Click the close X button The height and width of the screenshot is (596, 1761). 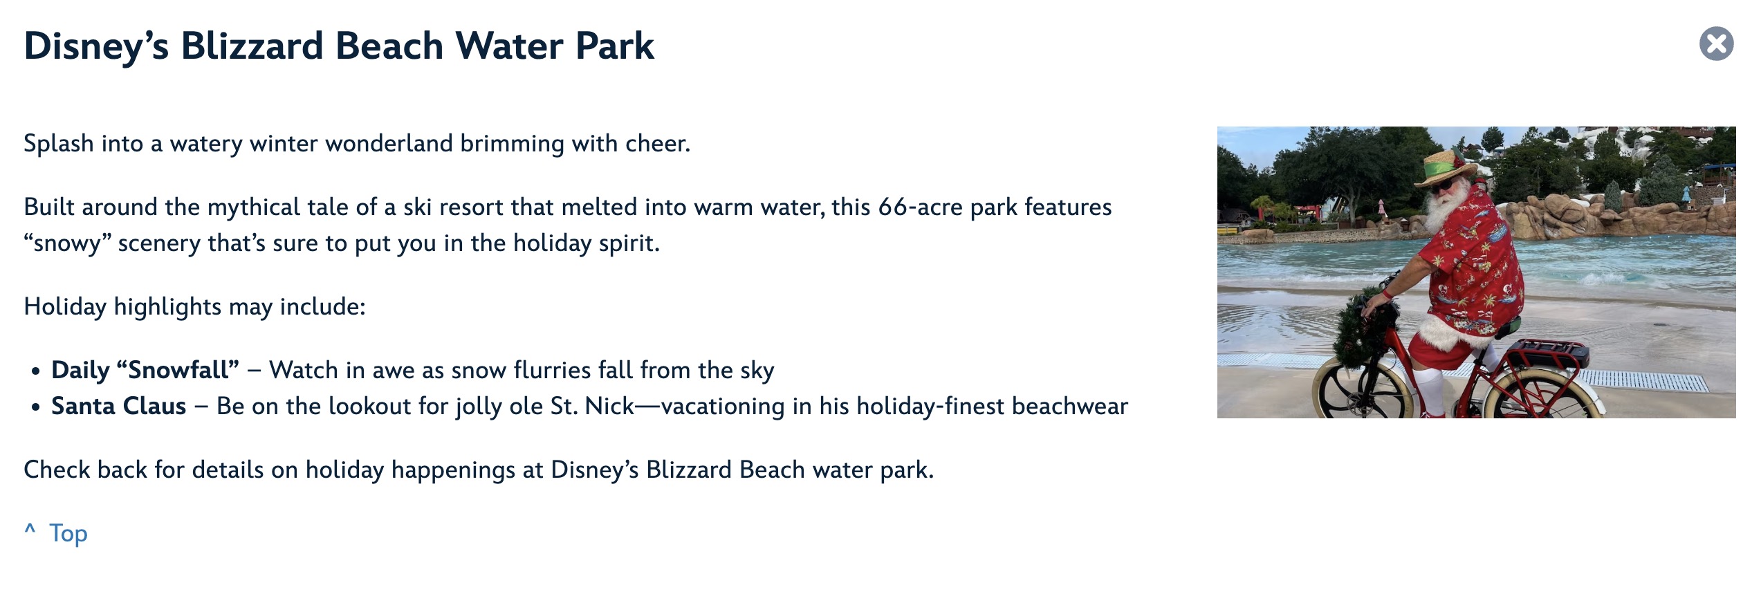(1716, 44)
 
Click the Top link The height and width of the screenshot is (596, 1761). (68, 534)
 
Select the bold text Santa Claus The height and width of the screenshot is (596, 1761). (119, 406)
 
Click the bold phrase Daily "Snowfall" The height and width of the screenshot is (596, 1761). (145, 370)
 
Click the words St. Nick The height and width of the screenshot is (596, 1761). (592, 406)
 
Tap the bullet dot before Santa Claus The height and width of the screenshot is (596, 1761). (36, 407)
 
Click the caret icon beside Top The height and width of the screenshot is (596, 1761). (30, 530)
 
